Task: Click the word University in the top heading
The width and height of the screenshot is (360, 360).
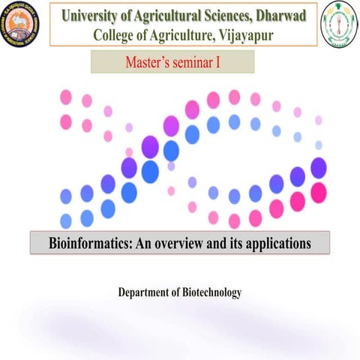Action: point(92,14)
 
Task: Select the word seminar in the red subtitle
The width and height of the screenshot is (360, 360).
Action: point(193,61)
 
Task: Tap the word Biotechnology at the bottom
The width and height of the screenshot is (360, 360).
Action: point(212,292)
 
